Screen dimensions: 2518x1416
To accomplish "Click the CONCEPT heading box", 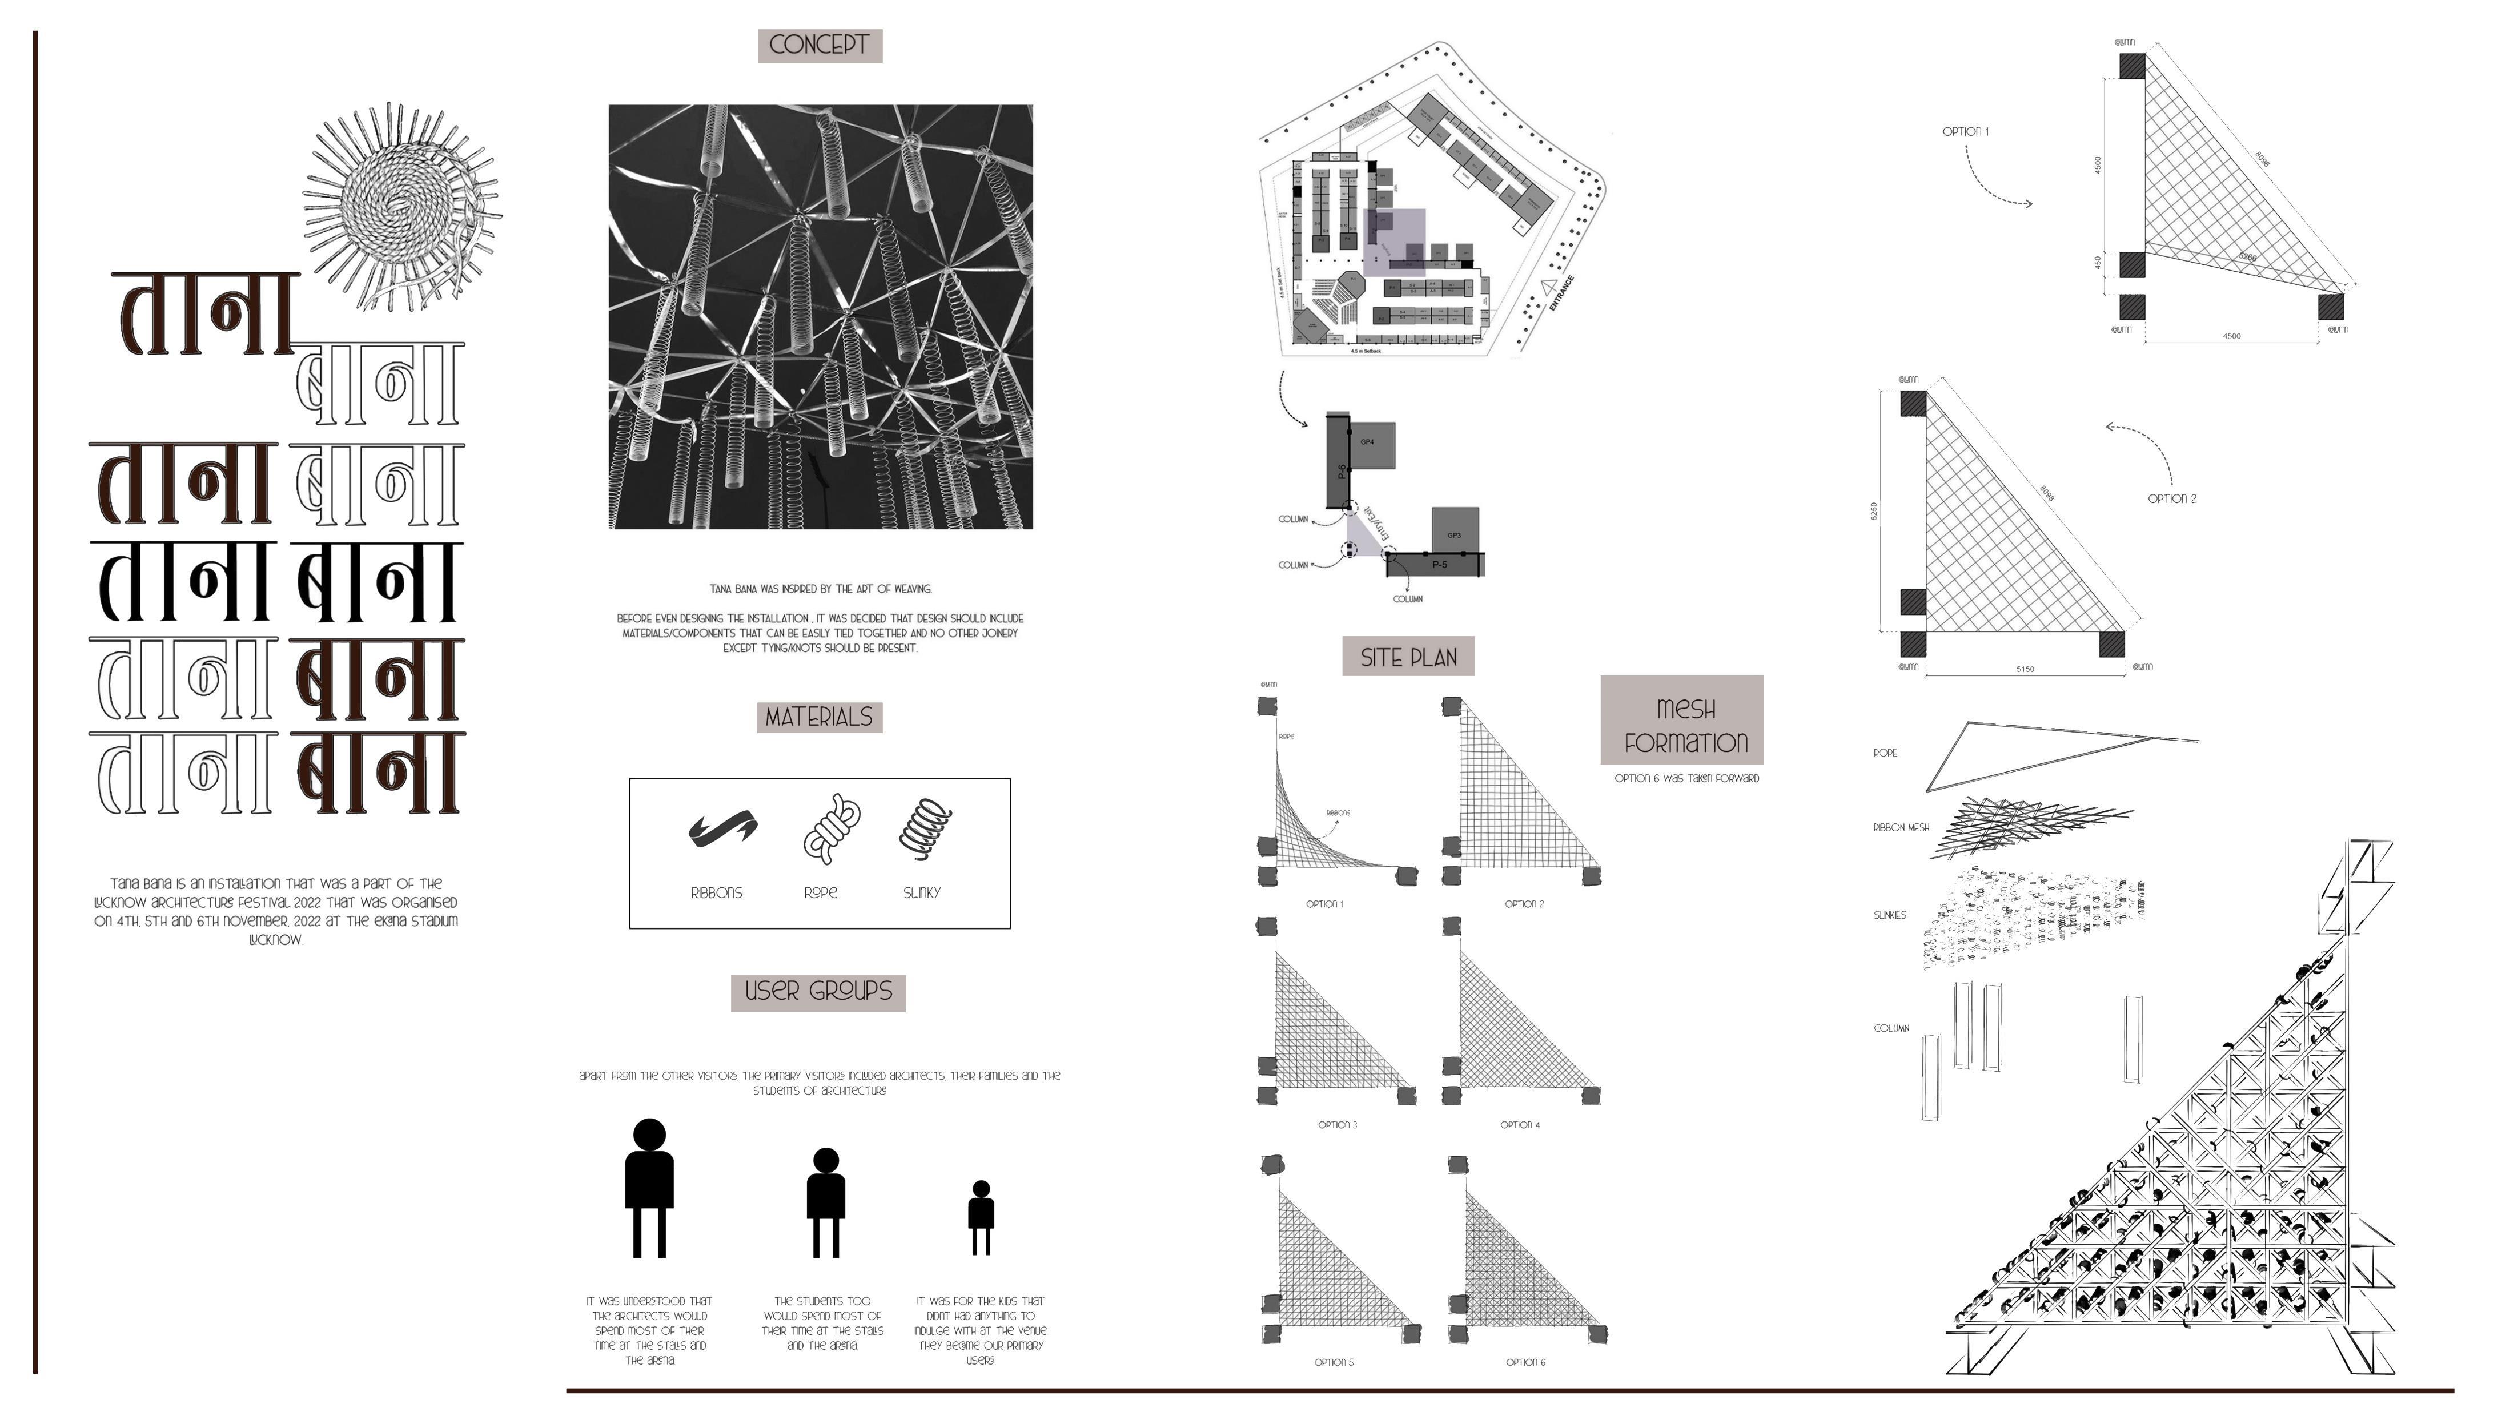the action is coord(819,45).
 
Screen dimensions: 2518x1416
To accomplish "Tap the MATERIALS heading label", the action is coord(819,717).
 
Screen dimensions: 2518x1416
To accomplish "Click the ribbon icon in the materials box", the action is coord(721,828).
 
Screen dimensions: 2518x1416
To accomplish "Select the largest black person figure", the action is coord(649,1188).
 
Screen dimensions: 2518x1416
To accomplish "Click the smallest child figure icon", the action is coord(981,1217).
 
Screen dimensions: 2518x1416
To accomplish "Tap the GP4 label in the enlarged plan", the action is coord(1367,442).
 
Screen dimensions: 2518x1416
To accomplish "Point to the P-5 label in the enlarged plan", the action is coord(1439,565).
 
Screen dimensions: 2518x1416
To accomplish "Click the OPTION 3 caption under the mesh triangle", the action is coord(1336,1125).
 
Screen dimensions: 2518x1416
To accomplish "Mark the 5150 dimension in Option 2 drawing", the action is coord(2025,669).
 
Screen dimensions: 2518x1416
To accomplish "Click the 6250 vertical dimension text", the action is coord(1873,511).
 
